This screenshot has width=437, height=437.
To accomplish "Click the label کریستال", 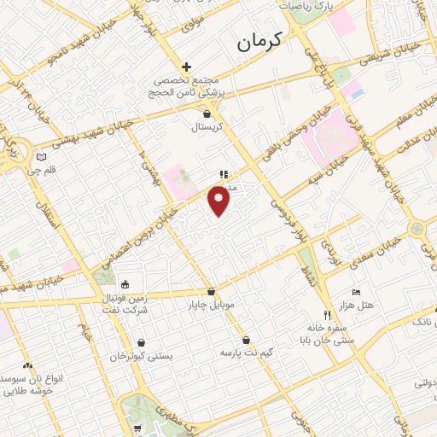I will coord(207,125).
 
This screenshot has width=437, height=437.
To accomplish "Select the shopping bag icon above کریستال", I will coord(207,112).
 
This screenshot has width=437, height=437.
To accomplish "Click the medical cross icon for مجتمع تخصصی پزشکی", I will coord(186,67).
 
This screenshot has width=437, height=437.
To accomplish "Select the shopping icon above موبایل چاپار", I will coord(211,290).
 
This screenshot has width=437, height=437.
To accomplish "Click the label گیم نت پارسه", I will coord(246,352).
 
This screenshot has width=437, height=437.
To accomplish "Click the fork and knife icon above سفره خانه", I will coord(325,313).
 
